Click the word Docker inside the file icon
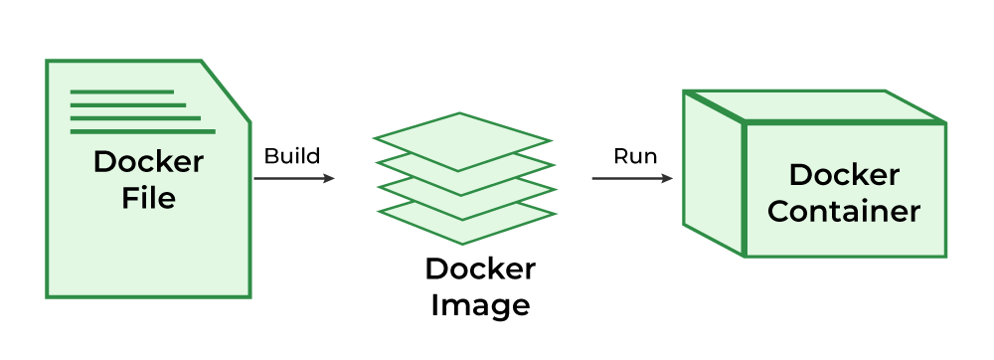tap(148, 162)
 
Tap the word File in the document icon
tap(148, 198)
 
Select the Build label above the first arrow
tap(291, 156)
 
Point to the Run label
tap(634, 156)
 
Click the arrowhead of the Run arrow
tap(667, 179)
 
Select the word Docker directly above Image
tap(480, 270)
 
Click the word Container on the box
tap(844, 212)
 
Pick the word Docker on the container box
tap(844, 176)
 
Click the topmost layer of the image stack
tap(462, 140)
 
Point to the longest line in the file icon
tap(142, 130)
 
